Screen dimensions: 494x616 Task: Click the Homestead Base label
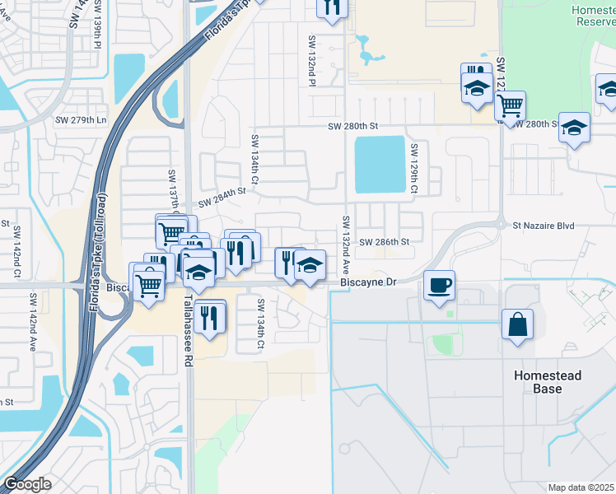pos(548,382)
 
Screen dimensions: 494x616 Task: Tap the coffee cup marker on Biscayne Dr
pos(439,285)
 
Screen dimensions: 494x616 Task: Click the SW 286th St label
pos(385,242)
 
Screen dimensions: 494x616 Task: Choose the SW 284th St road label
pos(222,193)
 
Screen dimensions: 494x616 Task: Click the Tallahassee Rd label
pos(188,326)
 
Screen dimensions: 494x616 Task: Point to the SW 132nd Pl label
pos(313,60)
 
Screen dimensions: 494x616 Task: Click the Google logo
pos(26,484)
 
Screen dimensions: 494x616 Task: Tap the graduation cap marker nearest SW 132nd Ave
pos(309,265)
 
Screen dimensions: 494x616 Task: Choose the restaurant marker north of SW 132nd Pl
pos(332,7)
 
